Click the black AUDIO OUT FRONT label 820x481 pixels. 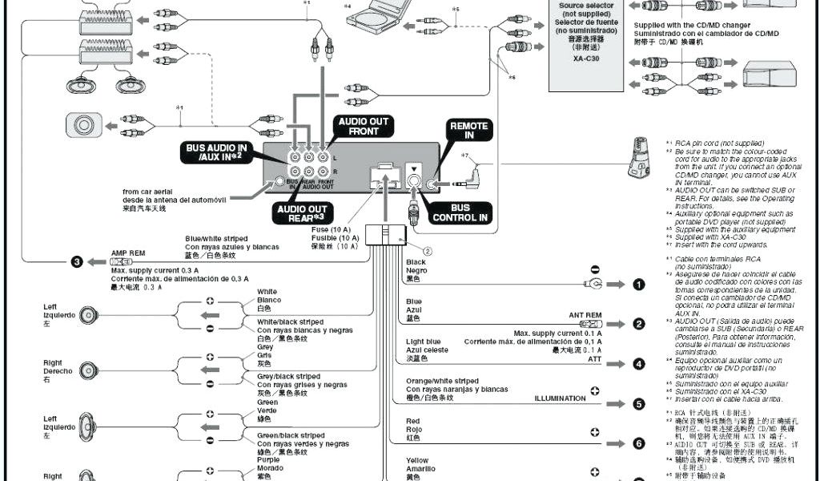pos(363,127)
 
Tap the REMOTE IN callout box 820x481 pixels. pos(468,131)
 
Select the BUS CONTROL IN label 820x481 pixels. pos(460,212)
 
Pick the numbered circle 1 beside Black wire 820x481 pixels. pos(638,284)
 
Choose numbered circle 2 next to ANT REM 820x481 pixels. pos(638,324)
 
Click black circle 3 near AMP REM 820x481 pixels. pos(77,261)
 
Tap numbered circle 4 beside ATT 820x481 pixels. pos(638,364)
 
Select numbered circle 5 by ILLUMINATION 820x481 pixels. pos(638,403)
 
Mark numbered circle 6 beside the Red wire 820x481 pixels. pos(638,443)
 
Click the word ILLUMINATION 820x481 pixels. pos(561,398)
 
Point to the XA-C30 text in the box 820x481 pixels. pos(581,56)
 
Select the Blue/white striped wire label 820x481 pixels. pos(216,238)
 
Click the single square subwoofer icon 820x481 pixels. pos(83,124)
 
